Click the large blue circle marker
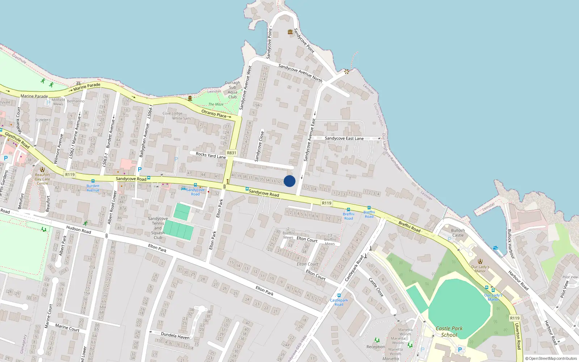(x=289, y=181)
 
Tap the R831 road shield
(x=232, y=153)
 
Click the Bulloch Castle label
(x=458, y=233)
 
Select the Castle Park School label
(x=449, y=332)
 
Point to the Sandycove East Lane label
(x=344, y=138)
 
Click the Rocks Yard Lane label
(x=211, y=155)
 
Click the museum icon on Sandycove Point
(x=290, y=32)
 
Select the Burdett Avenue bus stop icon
(x=93, y=181)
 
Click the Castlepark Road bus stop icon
(x=339, y=295)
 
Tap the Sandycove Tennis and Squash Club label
(x=158, y=228)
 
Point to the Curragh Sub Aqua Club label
(x=232, y=90)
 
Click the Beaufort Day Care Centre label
(x=42, y=179)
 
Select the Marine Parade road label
(x=87, y=87)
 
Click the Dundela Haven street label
(x=175, y=336)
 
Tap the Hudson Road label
(x=79, y=230)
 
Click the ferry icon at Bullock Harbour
(x=495, y=248)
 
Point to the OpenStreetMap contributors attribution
(x=551, y=359)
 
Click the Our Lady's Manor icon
(x=480, y=261)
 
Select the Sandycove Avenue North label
(x=300, y=73)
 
